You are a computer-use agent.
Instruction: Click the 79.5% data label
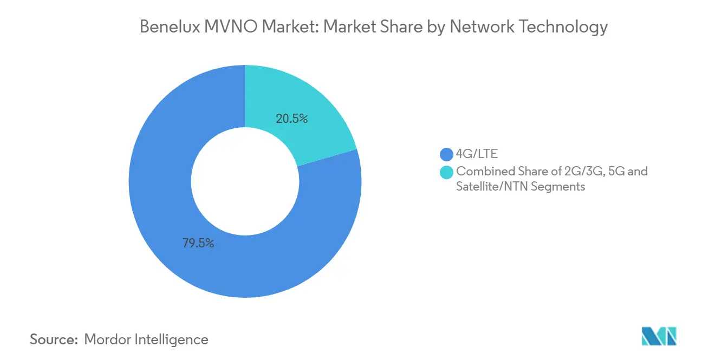[198, 244]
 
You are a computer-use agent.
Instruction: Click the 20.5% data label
[291, 119]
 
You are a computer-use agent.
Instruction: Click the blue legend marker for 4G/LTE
[446, 155]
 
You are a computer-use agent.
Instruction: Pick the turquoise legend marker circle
[446, 172]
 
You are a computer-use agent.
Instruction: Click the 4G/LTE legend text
[477, 155]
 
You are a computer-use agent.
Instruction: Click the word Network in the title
[478, 27]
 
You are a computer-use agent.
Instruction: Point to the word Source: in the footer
[54, 339]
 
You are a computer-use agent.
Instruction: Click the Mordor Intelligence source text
[146, 339]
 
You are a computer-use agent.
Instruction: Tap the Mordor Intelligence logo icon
[659, 336]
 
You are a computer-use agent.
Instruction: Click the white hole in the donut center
[245, 181]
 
